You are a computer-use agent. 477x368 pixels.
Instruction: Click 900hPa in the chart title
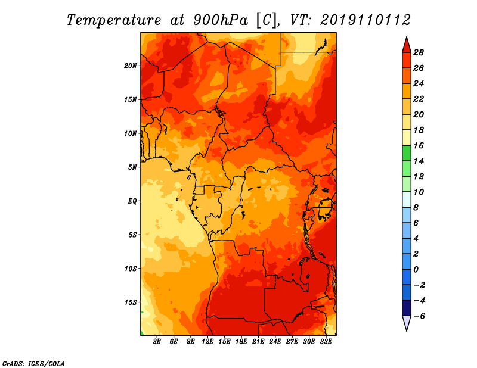tap(218, 20)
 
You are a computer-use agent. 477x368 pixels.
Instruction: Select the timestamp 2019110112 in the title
tap(365, 20)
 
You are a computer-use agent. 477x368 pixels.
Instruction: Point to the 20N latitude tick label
tap(131, 66)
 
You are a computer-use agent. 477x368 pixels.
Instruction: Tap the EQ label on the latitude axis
tap(132, 201)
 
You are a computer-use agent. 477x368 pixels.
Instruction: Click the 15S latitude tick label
tap(131, 302)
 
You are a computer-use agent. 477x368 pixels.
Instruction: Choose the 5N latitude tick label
tap(132, 167)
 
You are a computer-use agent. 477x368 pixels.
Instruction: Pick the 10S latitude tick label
tap(131, 268)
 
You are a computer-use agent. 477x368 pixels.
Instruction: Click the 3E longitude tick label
tap(157, 342)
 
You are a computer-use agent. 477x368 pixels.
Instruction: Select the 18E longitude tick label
tap(241, 342)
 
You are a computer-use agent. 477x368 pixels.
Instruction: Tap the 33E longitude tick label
tap(326, 342)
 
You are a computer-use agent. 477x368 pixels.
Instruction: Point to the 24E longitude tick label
tap(275, 342)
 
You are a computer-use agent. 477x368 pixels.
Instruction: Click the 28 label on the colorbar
tap(418, 52)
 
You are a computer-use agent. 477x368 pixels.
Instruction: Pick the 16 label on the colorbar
tap(418, 145)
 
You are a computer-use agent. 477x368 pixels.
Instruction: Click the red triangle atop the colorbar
tap(406, 45)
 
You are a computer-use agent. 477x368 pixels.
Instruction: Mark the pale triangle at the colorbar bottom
tap(406, 323)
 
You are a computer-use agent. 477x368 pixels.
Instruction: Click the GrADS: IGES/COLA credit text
tap(33, 363)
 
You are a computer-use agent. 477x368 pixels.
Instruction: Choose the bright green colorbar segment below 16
tap(406, 153)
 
